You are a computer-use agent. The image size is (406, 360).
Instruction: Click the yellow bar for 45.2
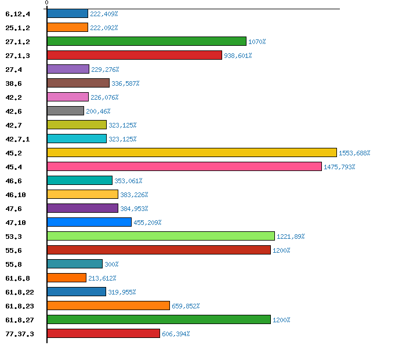[x=191, y=152]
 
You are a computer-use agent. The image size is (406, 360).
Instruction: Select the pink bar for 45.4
[x=184, y=166]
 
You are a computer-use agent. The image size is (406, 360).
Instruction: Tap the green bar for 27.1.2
[x=146, y=41]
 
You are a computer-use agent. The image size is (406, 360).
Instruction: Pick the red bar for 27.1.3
[x=134, y=55]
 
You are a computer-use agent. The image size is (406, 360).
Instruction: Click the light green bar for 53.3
[x=161, y=236]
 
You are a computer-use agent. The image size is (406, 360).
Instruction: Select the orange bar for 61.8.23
[x=108, y=306]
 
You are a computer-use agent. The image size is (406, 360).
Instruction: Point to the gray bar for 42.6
[x=66, y=111]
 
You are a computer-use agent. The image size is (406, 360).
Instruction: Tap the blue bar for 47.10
[x=89, y=222]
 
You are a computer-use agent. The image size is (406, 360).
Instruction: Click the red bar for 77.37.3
[x=103, y=333]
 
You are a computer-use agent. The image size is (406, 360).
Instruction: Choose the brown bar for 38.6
[x=78, y=83]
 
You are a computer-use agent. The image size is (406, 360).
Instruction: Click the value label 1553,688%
[x=354, y=153]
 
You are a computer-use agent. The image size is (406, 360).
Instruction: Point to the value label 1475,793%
[x=339, y=167]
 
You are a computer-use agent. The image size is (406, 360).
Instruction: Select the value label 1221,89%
[x=291, y=237]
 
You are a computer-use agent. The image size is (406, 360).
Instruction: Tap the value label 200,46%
[x=98, y=111]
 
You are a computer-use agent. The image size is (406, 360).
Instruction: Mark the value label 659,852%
[x=186, y=306]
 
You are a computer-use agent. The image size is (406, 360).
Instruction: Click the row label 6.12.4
[x=17, y=14]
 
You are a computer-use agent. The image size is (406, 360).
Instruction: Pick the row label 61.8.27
[x=17, y=320]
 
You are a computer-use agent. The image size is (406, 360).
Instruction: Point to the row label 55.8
[x=14, y=264]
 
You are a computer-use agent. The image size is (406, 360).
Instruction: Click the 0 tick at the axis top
[x=46, y=3]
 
